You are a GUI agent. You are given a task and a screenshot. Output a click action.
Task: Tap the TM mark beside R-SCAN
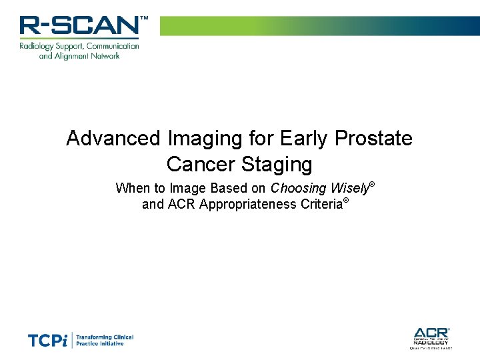pyautogui.click(x=144, y=19)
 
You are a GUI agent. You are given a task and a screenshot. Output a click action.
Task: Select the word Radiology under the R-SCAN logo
pyautogui.click(x=37, y=46)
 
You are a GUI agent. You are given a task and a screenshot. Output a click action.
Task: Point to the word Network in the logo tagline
pyautogui.click(x=101, y=56)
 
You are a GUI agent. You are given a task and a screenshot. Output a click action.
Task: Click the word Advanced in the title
pyautogui.click(x=113, y=139)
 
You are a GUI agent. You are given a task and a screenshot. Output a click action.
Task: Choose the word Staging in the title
pyautogui.click(x=280, y=164)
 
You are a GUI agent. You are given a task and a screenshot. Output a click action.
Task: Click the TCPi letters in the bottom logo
pyautogui.click(x=48, y=341)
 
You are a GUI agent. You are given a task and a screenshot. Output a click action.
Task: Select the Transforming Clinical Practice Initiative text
pyautogui.click(x=105, y=341)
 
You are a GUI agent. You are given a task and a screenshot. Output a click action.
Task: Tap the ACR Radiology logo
pyautogui.click(x=431, y=337)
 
